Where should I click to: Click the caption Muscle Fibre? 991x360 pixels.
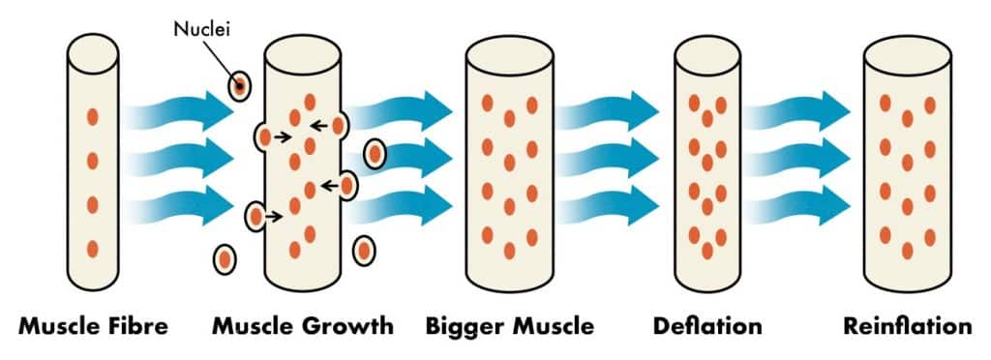93,325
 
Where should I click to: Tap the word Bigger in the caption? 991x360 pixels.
464,325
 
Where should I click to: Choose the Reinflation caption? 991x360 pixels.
906,325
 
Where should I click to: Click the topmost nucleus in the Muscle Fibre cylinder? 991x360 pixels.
93,116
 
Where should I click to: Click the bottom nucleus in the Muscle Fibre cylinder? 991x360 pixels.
93,249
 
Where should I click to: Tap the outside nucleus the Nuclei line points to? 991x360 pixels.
238,86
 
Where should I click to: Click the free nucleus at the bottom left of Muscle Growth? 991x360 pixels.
225,259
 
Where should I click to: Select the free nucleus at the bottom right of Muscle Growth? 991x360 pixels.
363,252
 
